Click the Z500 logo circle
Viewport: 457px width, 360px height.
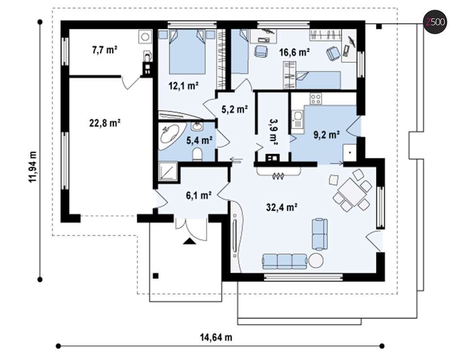(x=435, y=22)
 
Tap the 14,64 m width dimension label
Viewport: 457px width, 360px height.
(x=216, y=338)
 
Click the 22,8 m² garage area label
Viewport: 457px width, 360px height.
(x=105, y=123)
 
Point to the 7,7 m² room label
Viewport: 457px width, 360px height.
(x=104, y=50)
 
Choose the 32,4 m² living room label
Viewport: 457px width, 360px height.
(x=282, y=207)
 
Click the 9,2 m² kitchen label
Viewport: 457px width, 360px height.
(x=326, y=135)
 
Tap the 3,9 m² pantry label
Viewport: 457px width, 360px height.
(x=273, y=132)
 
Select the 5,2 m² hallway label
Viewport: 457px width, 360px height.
(x=235, y=109)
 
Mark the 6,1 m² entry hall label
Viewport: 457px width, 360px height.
(x=199, y=195)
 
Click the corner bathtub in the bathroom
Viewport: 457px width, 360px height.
(x=170, y=137)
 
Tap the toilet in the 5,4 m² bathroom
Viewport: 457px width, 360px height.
(x=197, y=154)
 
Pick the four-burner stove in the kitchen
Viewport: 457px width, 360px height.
(x=316, y=99)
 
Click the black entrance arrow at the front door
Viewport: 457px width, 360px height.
(x=189, y=241)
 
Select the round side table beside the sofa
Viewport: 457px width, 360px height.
(x=316, y=260)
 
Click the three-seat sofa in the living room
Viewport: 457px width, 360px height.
(x=284, y=261)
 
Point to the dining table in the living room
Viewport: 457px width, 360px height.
(x=352, y=192)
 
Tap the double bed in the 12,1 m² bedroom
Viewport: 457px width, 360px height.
(x=187, y=52)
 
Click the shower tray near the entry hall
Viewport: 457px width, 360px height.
(x=168, y=171)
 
